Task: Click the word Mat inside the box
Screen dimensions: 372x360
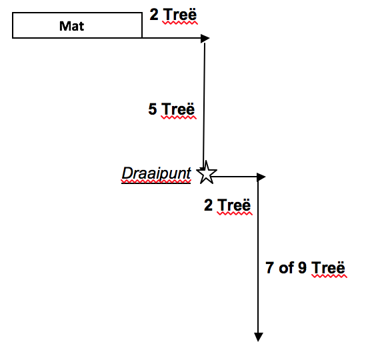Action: point(71,26)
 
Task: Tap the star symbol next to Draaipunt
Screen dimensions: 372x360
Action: point(207,173)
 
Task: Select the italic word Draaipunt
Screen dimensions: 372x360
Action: point(156,173)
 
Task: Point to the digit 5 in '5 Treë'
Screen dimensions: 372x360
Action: point(153,109)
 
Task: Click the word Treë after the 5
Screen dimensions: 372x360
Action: point(178,109)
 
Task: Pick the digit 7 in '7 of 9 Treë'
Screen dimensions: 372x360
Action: point(269,267)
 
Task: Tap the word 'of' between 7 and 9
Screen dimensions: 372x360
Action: point(287,267)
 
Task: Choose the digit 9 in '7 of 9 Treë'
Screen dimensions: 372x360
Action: point(302,267)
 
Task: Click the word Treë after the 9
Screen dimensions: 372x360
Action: point(328,267)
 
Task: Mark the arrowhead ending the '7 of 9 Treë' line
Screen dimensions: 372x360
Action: point(259,337)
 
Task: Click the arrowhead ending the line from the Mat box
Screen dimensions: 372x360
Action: point(205,38)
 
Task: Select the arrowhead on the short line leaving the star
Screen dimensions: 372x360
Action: point(261,177)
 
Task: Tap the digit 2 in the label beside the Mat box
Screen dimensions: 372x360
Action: point(154,15)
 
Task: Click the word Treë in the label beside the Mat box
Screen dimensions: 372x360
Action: point(180,15)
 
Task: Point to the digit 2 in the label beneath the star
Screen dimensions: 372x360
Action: point(208,205)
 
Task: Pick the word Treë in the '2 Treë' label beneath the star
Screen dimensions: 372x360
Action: point(234,205)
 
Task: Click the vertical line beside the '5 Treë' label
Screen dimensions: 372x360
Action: point(204,105)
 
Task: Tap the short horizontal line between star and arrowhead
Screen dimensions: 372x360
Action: point(235,177)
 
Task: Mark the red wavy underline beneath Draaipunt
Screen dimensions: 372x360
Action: point(156,182)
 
